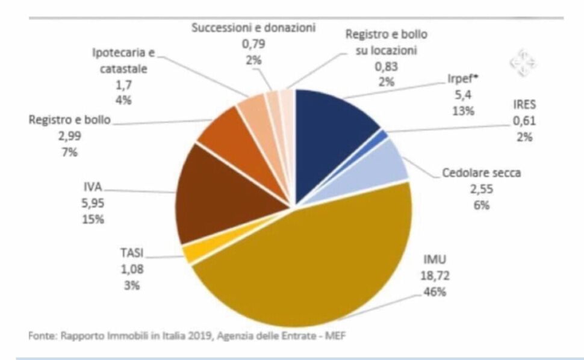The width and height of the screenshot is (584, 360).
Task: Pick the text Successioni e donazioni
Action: click(253, 28)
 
